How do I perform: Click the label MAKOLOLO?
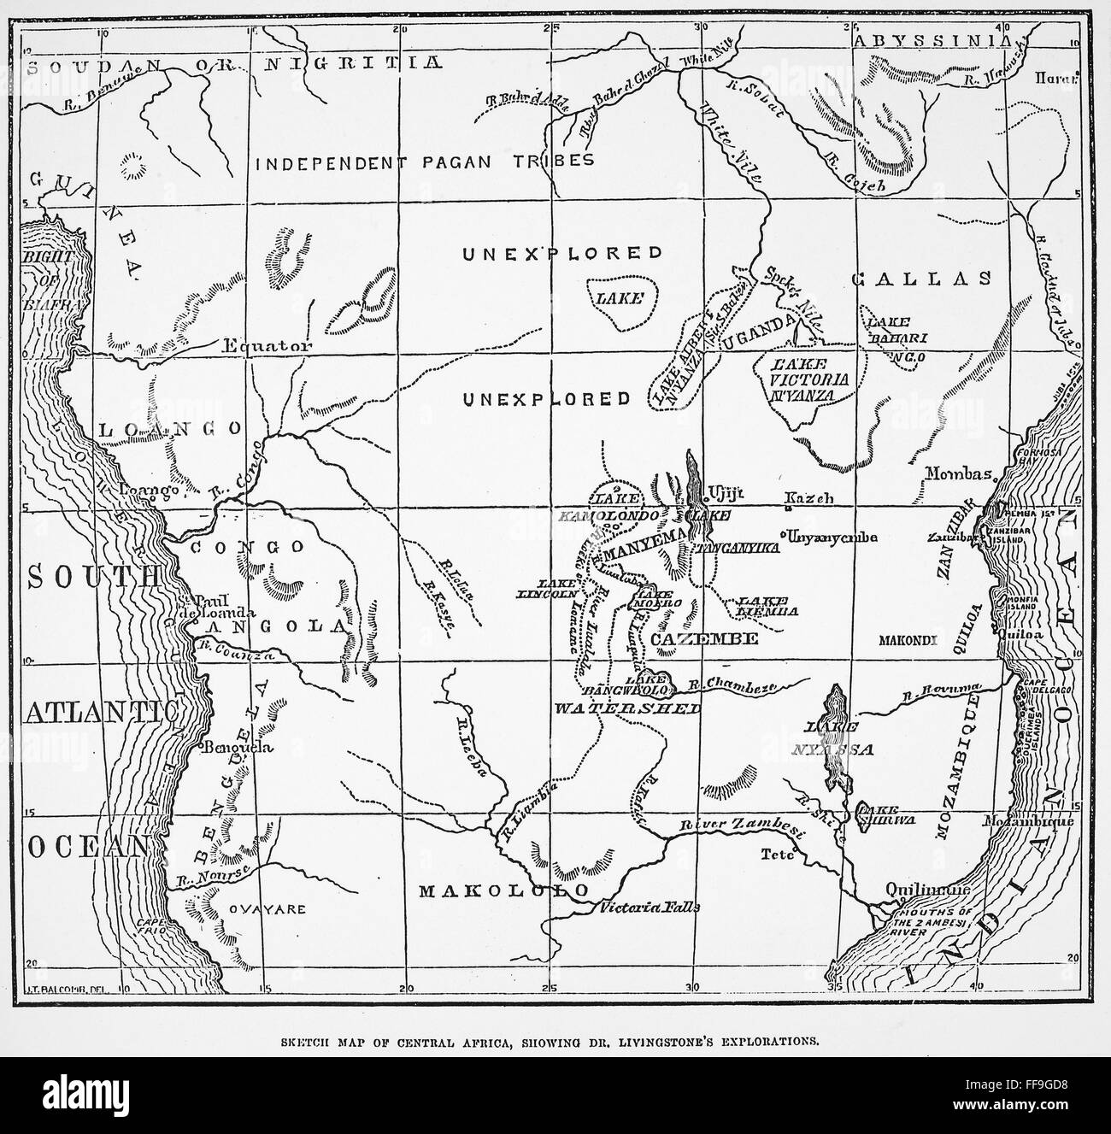504,890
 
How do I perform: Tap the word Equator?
256,346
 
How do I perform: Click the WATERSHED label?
626,708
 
